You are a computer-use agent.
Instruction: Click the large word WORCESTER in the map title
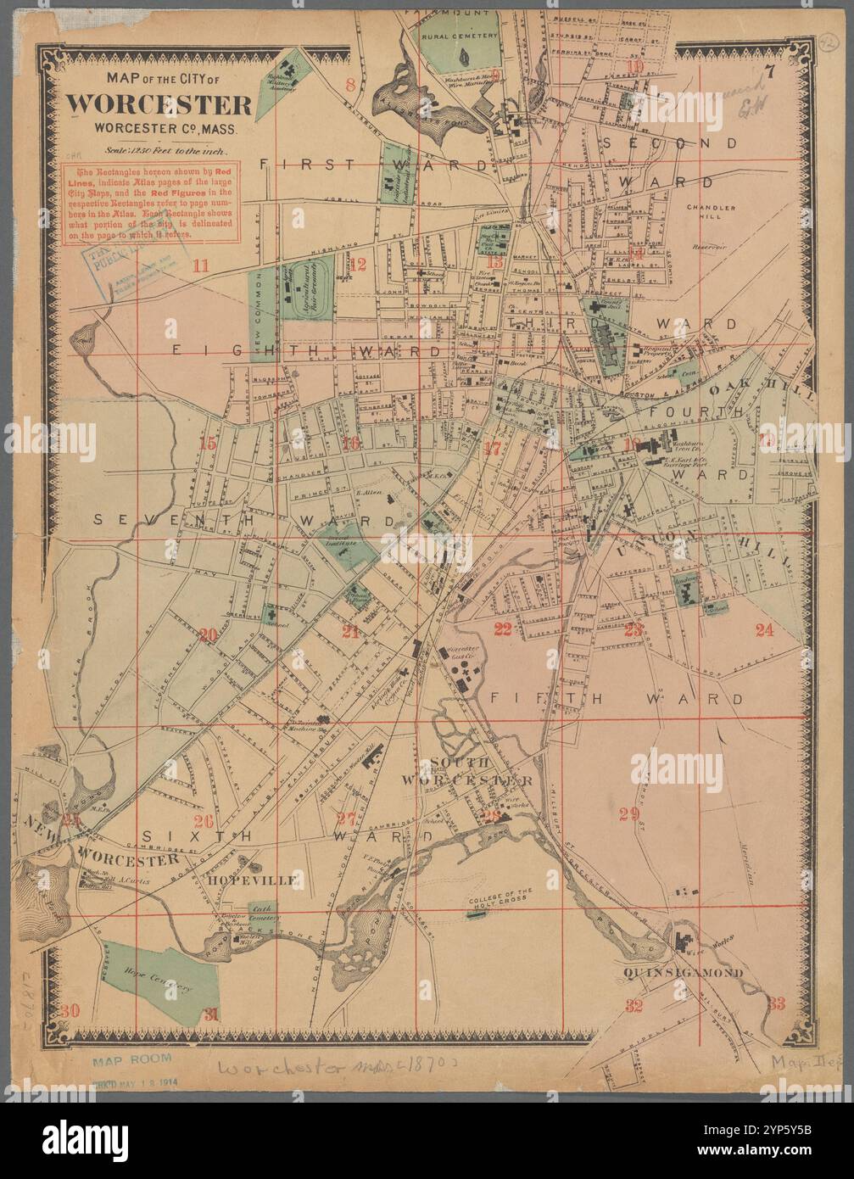click(159, 104)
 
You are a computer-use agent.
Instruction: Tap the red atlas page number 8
click(350, 83)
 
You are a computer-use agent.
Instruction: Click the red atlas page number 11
click(200, 265)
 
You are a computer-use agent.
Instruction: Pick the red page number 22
click(503, 629)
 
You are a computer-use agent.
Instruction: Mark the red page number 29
click(628, 814)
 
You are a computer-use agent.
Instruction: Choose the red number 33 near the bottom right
click(776, 1003)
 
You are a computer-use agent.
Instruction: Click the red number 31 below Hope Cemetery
click(212, 1014)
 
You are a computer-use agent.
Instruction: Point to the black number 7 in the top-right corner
click(770, 72)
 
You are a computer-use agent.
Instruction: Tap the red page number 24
click(765, 629)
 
